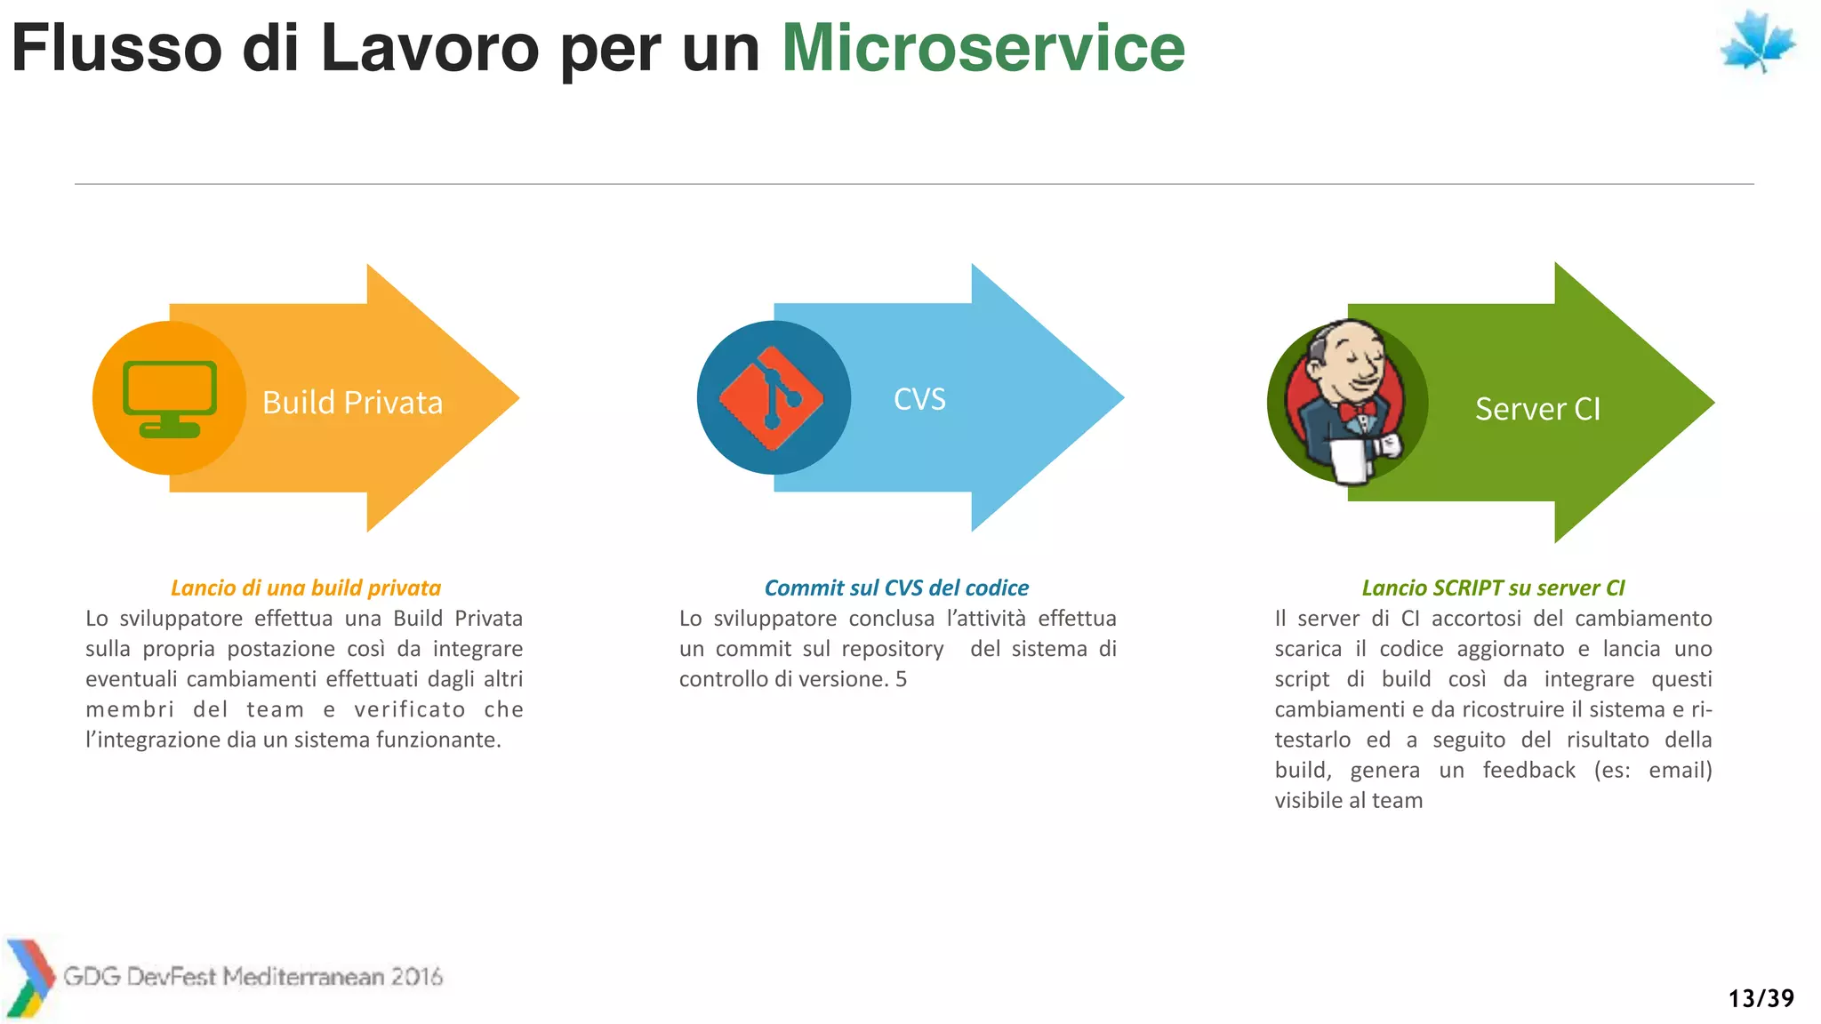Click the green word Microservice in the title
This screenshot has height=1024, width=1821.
click(x=983, y=48)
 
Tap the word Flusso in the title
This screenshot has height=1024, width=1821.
click(x=116, y=48)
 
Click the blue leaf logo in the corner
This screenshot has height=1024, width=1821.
click(x=1757, y=43)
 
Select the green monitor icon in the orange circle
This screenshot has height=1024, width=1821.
click(x=170, y=398)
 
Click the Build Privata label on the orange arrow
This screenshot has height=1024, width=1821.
click(x=352, y=403)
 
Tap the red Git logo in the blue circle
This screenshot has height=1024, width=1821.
click(x=771, y=398)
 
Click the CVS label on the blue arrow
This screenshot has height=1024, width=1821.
click(x=919, y=399)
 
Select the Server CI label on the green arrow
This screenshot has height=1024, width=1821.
click(x=1537, y=409)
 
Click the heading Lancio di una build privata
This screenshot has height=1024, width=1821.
click(x=305, y=588)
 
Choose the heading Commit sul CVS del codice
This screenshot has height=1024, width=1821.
click(x=896, y=588)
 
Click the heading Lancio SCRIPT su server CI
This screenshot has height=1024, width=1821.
click(x=1493, y=588)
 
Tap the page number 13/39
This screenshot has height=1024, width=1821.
click(x=1761, y=998)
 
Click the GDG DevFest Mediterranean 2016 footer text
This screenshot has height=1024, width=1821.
click(x=253, y=976)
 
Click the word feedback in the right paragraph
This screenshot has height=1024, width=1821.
click(x=1528, y=770)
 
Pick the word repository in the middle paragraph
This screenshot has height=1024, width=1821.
click(x=892, y=649)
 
